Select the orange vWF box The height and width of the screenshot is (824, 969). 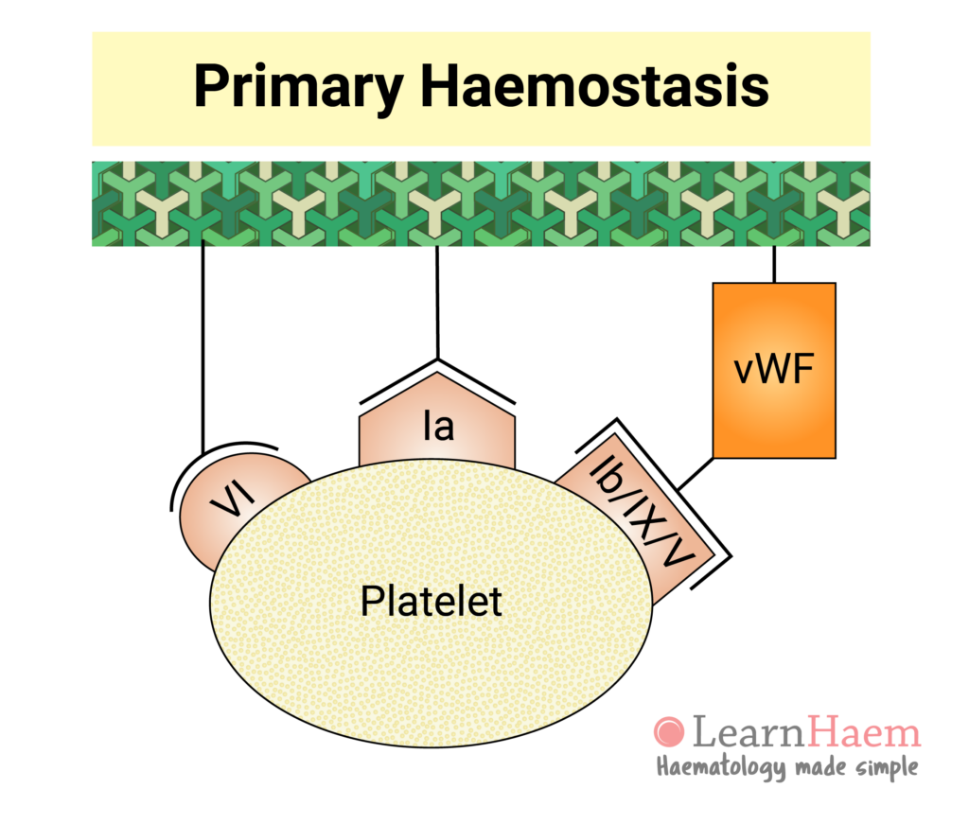point(773,370)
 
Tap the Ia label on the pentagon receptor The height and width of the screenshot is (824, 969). point(437,428)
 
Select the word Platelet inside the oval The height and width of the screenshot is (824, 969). point(431,600)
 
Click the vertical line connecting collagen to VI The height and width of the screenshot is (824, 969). point(203,350)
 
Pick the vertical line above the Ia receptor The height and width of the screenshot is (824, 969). point(436,303)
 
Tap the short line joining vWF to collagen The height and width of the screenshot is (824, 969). point(774,264)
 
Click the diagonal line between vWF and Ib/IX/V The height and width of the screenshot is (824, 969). point(696,472)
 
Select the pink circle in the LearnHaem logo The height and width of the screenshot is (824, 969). point(668,731)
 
